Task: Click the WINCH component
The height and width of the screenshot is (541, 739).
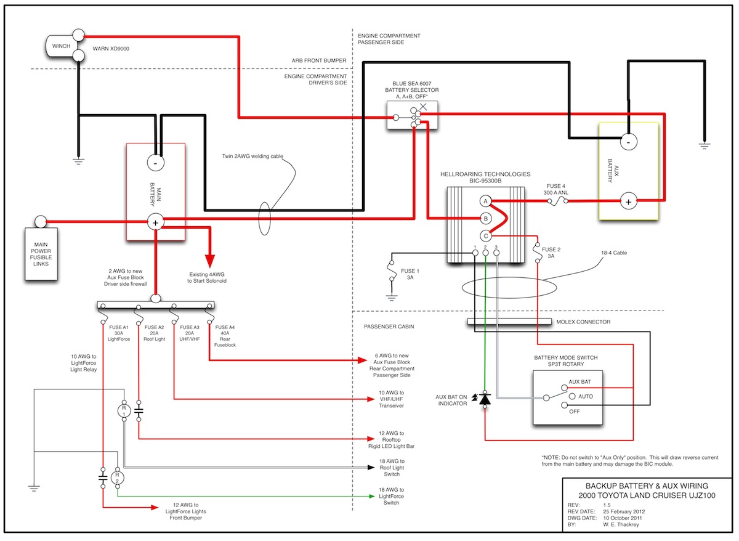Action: click(62, 46)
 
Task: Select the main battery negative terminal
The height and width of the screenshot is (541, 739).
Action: click(155, 163)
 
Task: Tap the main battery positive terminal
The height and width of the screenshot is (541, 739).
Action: click(155, 222)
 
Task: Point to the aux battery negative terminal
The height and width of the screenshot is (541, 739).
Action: click(629, 142)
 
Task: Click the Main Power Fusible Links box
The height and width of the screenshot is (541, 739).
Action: click(41, 254)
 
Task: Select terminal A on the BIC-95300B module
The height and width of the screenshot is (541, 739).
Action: click(485, 201)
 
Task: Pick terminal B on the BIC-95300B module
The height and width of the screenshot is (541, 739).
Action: click(485, 219)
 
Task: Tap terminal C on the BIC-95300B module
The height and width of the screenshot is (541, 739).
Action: click(485, 236)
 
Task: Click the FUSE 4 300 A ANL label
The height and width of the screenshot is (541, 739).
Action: click(555, 189)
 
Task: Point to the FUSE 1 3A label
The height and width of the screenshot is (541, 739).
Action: click(410, 274)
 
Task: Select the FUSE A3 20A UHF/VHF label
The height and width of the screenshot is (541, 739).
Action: click(190, 333)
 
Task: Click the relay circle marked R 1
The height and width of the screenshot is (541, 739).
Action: click(124, 411)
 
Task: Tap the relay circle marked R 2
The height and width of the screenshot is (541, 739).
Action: click(117, 478)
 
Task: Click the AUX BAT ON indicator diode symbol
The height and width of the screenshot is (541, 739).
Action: click(485, 399)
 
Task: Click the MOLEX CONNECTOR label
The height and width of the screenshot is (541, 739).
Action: click(583, 322)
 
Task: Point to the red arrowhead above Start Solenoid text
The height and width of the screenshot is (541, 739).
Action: click(210, 261)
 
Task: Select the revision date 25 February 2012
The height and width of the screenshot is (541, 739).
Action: click(624, 511)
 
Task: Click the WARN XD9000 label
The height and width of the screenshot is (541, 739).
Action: click(111, 49)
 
